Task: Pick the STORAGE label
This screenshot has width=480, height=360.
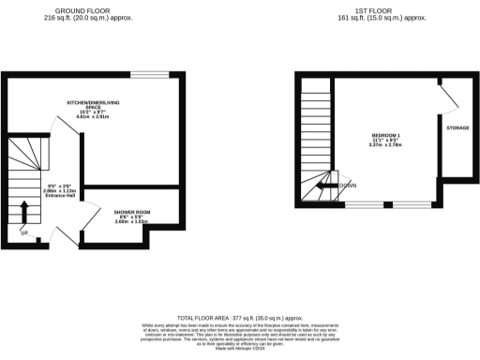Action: click(457, 127)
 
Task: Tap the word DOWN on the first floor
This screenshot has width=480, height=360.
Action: click(347, 186)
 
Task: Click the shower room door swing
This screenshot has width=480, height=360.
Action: click(91, 217)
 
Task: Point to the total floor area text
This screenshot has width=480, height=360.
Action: click(239, 319)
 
